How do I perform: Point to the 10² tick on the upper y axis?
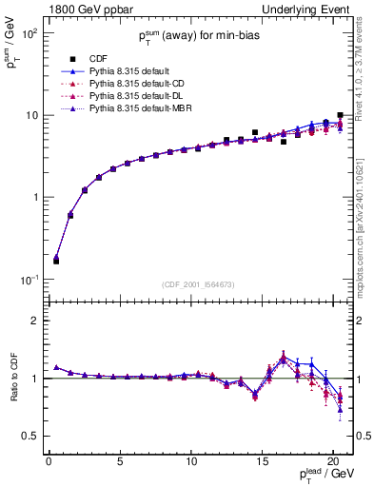(x=30, y=33)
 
